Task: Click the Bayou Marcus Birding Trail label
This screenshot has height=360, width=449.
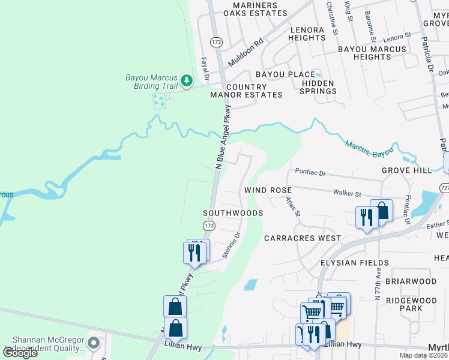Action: tap(151, 82)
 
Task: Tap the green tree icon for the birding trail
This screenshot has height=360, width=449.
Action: tap(187, 79)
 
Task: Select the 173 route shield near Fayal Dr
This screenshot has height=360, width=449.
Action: tap(215, 41)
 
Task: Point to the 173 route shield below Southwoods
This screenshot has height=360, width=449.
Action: tap(208, 226)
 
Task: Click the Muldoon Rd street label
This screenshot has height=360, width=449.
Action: tap(246, 53)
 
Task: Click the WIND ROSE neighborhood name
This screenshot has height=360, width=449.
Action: tap(268, 190)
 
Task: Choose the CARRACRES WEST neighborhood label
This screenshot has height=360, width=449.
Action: tap(303, 238)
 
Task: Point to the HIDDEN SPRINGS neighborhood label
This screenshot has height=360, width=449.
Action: tap(318, 87)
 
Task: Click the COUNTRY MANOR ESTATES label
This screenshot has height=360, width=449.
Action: tap(246, 91)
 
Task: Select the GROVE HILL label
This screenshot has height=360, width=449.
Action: tap(406, 170)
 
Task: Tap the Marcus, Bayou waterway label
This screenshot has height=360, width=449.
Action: tap(369, 149)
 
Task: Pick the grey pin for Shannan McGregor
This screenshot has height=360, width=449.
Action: tap(93, 343)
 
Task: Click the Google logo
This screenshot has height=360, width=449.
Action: tap(20, 353)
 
